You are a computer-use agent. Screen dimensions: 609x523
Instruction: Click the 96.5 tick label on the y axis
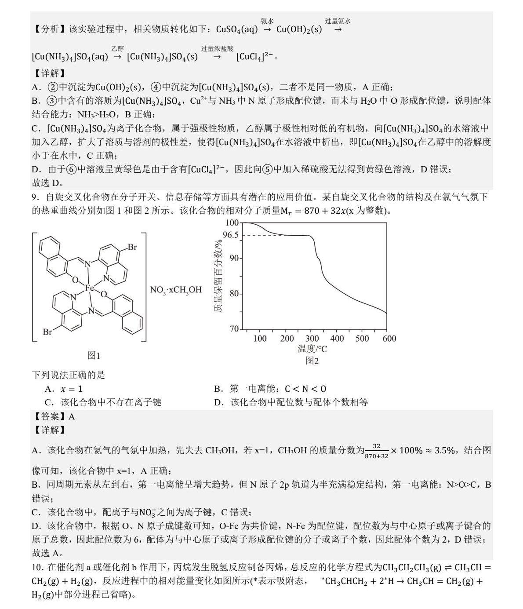pos(230,235)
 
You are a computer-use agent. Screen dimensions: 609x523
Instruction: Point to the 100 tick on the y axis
pos(232,223)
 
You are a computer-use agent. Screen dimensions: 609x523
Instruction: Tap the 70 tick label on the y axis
pos(234,329)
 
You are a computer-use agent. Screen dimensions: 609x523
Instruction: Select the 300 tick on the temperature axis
pos(312,338)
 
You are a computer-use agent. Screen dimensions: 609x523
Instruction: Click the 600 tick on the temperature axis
pos(389,338)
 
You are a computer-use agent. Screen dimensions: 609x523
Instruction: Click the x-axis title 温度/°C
pos(312,349)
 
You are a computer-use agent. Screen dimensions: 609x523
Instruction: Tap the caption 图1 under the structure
pos(94,355)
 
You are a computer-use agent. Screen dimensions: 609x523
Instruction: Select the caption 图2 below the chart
pos(312,361)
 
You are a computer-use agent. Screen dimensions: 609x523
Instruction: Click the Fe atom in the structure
pos(90,288)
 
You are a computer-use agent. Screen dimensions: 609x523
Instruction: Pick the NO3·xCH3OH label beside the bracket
pos(176,290)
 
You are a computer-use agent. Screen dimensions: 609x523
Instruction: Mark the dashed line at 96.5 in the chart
pos(264,235)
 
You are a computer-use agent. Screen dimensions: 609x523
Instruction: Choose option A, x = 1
pos(64,389)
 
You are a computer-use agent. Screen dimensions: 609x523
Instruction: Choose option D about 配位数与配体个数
pos(291,402)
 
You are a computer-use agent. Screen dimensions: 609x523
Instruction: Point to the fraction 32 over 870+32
pos(376,451)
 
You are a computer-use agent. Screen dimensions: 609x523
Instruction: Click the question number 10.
pos(38,568)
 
